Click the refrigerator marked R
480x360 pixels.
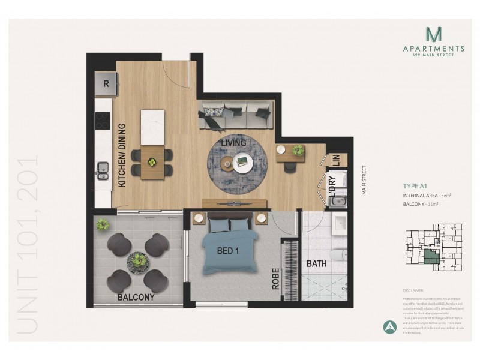[x=107, y=83]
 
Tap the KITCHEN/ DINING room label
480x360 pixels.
[x=122, y=156]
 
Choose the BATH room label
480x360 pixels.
[x=317, y=263]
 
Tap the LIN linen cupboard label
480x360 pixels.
[x=335, y=160]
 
